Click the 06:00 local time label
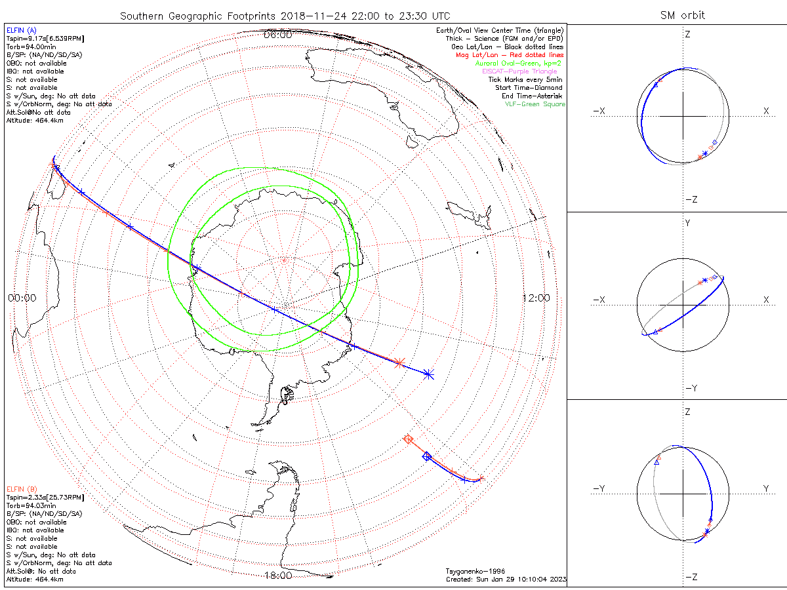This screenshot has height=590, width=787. tap(277, 35)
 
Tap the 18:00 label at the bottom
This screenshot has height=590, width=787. tap(277, 576)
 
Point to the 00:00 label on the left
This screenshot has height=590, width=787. tap(22, 298)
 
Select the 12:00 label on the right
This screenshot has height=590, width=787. tap(536, 298)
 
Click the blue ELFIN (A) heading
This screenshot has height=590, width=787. tap(22, 30)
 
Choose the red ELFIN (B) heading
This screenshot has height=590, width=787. tap(22, 489)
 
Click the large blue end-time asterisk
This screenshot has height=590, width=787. tap(428, 374)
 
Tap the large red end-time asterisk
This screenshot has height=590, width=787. tap(399, 363)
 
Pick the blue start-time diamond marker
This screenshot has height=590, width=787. tap(426, 456)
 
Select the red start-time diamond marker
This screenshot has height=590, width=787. tap(408, 439)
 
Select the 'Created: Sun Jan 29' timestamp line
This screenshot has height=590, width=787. tap(506, 580)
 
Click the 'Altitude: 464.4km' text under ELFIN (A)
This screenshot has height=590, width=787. tap(35, 120)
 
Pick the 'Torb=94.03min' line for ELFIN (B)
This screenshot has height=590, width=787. tap(27, 506)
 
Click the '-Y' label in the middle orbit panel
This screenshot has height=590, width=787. tap(691, 388)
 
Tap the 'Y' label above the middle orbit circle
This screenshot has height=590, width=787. tap(687, 223)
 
